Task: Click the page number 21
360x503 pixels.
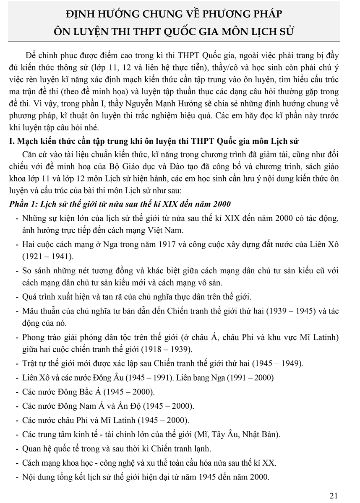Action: click(334, 496)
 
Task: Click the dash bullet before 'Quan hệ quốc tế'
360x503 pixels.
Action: click(16, 449)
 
